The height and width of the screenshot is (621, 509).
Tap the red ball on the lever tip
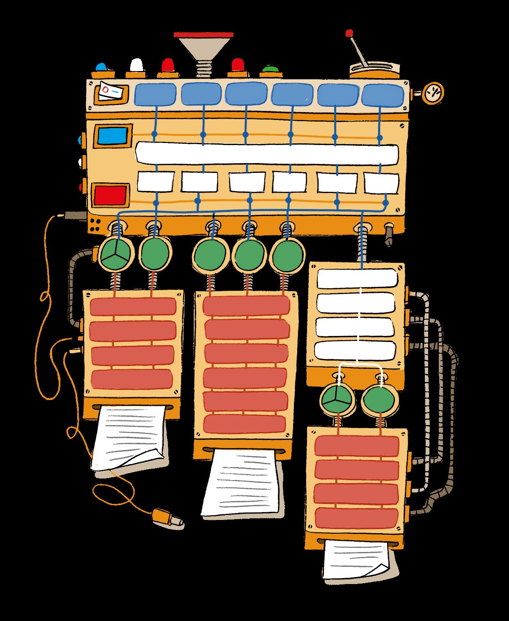click(x=349, y=32)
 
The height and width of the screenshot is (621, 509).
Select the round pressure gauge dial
click(x=433, y=94)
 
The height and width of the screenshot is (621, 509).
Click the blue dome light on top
click(x=101, y=67)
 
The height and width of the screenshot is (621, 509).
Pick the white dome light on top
click(x=136, y=66)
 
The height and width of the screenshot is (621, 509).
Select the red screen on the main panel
click(x=110, y=195)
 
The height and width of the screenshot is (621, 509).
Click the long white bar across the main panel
click(x=267, y=153)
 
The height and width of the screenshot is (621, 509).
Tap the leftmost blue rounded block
click(x=155, y=94)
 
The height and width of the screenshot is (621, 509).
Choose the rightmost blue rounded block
click(x=383, y=95)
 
